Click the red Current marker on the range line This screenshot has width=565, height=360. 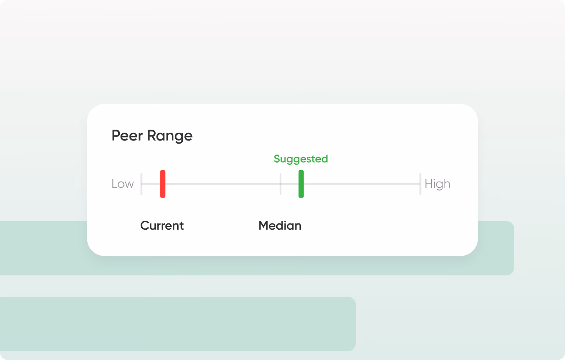point(163,184)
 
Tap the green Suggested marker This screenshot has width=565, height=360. point(301,184)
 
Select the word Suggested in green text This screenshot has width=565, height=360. point(300,159)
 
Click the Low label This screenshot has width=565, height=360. point(122,184)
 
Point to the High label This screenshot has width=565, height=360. point(437,184)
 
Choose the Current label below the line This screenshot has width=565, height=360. point(162,225)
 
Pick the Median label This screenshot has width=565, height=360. point(280,225)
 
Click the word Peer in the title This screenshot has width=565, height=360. point(127,135)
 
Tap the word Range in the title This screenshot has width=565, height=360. point(170,136)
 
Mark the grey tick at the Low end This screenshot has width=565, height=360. point(141,184)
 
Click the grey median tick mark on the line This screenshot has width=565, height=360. point(281,184)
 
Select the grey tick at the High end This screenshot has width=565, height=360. point(420,184)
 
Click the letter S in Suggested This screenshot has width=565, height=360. point(277,159)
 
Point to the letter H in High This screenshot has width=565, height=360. point(429,184)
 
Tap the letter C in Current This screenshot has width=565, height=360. point(145,225)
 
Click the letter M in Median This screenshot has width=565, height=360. point(264,225)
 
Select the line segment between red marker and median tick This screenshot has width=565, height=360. point(223,184)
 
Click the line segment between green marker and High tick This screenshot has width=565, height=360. point(362,184)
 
